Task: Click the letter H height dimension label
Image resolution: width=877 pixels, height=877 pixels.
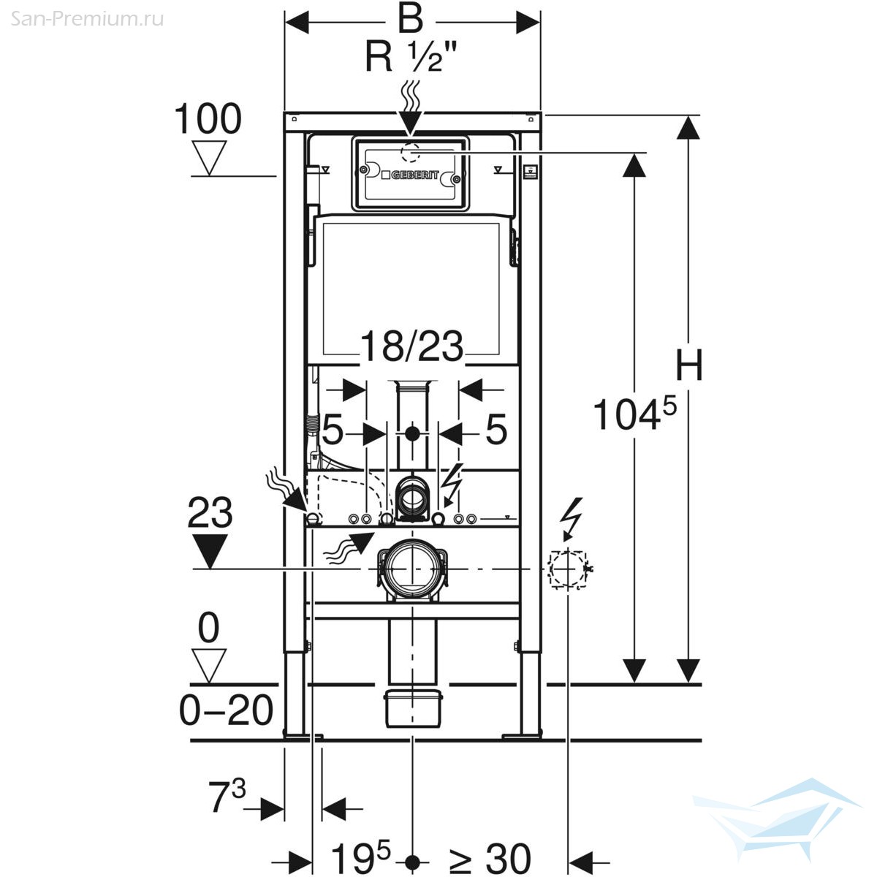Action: pos(689,365)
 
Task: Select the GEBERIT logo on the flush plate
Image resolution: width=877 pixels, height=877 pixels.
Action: pos(411,175)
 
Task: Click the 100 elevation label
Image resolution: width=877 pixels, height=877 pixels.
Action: pos(208,118)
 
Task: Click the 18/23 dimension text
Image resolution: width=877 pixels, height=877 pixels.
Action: pos(412,346)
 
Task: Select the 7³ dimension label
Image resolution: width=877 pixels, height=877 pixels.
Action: pos(227,796)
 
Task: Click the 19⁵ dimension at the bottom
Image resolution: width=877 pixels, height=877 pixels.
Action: pos(361,857)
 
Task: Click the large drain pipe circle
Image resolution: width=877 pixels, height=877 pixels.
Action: pos(412,569)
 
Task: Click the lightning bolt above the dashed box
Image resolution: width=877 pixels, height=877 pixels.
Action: pos(571,517)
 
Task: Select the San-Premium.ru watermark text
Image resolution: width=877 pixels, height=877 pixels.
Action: pos(86,19)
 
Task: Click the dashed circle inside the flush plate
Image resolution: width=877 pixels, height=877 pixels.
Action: pos(411,152)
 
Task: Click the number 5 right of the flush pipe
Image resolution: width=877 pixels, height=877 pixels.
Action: pos(496,429)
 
